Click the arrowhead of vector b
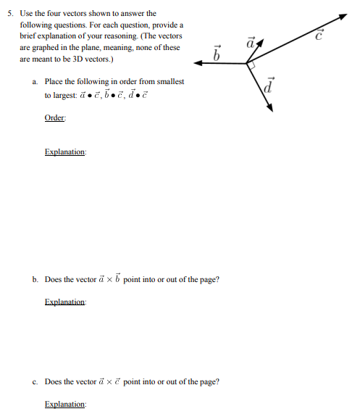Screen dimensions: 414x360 (x=198, y=63)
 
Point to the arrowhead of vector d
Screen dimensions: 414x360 (x=269, y=107)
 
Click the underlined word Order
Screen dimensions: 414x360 (x=54, y=119)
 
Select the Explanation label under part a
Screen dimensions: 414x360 (x=64, y=152)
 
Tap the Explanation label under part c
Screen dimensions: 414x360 (x=64, y=404)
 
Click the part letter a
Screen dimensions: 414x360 (x=35, y=82)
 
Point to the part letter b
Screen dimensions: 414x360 (x=35, y=279)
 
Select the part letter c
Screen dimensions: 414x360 (x=35, y=381)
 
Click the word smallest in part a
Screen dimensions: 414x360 (x=170, y=82)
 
